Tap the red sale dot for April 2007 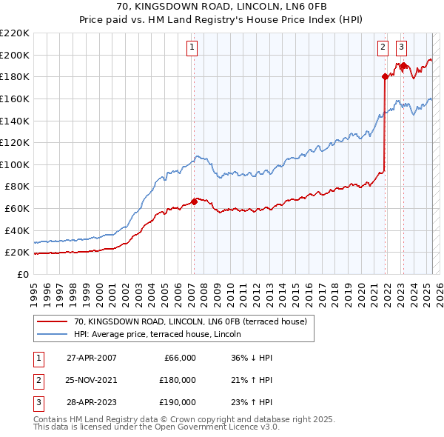[194, 201]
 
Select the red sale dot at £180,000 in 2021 [385, 76]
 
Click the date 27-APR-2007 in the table [91, 358]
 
